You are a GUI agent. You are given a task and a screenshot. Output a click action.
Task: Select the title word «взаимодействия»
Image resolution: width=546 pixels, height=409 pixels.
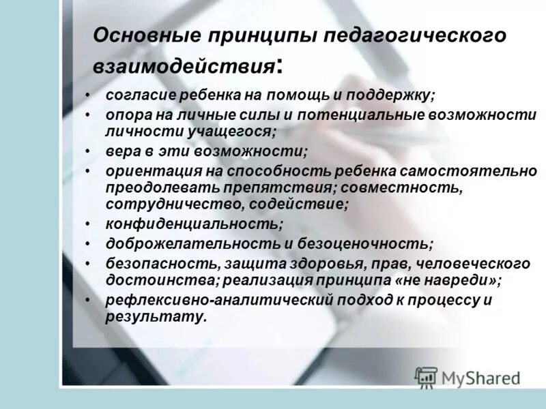pos(184,66)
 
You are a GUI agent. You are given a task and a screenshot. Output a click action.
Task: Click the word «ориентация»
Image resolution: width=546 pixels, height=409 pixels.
pos(147,170)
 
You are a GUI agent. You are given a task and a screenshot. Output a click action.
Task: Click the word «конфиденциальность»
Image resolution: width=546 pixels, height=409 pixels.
pos(193,223)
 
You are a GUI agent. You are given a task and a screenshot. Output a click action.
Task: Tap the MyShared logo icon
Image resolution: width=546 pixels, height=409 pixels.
pos(427,377)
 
